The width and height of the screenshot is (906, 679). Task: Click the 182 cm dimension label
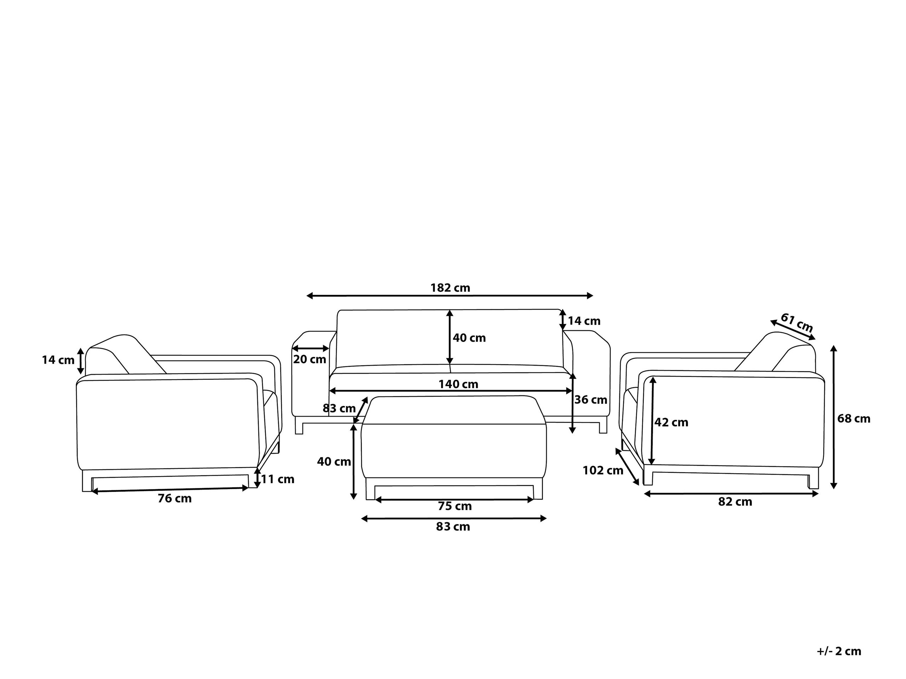[450, 288]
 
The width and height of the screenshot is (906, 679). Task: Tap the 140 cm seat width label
[458, 384]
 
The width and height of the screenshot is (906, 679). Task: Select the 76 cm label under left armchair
[175, 499]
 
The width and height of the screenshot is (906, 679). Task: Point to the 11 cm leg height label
[278, 479]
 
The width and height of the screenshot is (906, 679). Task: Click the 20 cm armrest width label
[310, 359]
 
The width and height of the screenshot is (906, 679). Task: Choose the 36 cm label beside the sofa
[591, 400]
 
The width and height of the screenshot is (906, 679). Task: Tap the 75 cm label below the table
[455, 506]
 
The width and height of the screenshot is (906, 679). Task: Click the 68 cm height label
[854, 418]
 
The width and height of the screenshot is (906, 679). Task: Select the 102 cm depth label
[603, 470]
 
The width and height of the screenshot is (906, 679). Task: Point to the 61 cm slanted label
[797, 322]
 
